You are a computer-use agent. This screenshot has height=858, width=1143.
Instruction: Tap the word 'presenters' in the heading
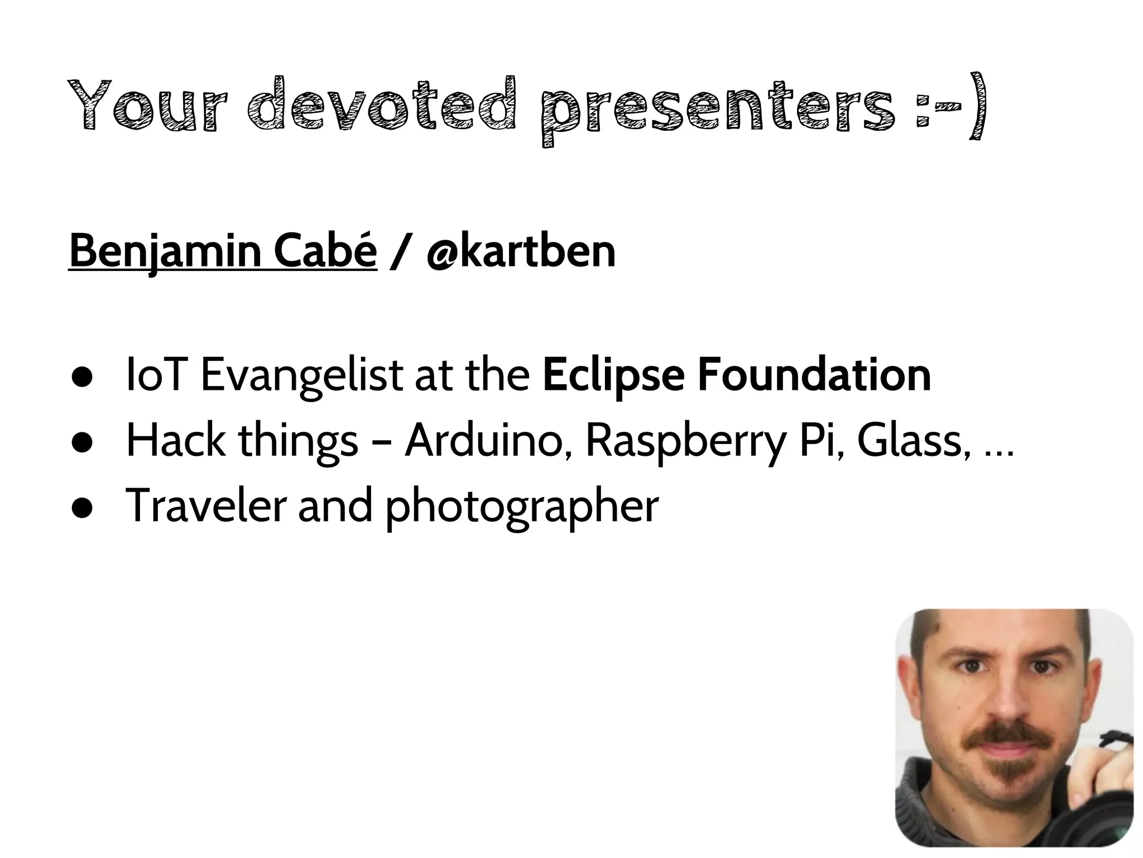click(x=717, y=109)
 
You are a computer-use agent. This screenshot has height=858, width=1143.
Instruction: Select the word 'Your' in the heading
click(x=147, y=106)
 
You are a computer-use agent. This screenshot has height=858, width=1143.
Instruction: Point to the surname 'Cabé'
click(x=325, y=251)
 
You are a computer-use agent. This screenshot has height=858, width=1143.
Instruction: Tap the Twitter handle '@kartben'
click(x=520, y=251)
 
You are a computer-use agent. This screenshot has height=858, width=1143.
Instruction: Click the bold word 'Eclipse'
click(x=613, y=375)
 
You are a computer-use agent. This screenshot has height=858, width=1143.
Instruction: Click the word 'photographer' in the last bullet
click(x=522, y=506)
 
